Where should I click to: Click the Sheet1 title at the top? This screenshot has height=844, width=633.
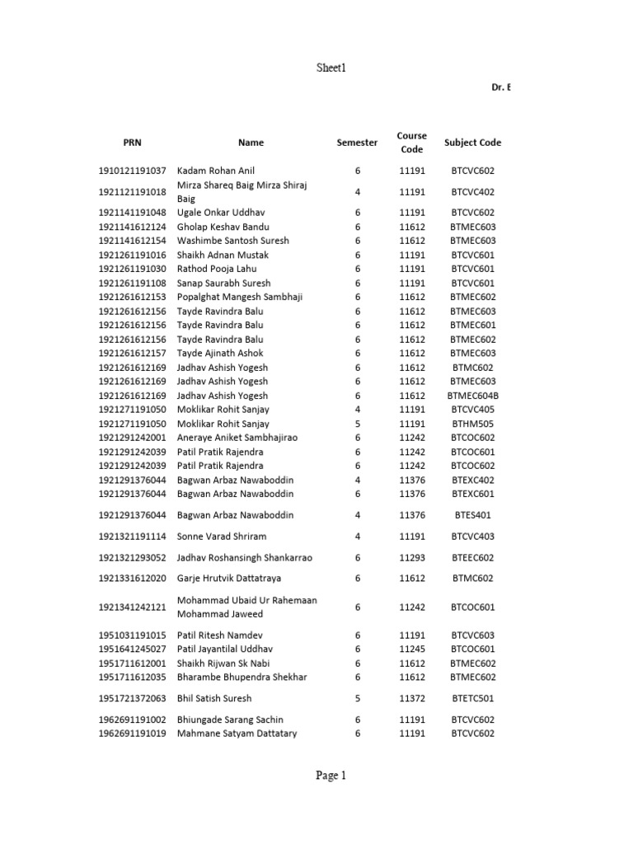tap(316, 68)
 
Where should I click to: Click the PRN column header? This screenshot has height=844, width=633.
tap(132, 143)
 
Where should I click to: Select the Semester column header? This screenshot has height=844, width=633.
tap(358, 143)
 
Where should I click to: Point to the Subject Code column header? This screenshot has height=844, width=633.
tap(472, 143)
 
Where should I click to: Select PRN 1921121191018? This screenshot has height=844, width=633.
tap(132, 192)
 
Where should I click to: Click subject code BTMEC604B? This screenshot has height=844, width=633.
tap(472, 396)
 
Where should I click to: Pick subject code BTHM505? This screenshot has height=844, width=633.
tap(472, 424)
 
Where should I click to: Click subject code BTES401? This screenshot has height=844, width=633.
tap(472, 515)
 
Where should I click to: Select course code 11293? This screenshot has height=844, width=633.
tap(411, 558)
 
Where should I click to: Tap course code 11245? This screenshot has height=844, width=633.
tap(411, 649)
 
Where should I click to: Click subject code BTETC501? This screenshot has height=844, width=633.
tap(472, 699)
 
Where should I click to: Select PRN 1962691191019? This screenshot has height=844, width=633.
tap(132, 734)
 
